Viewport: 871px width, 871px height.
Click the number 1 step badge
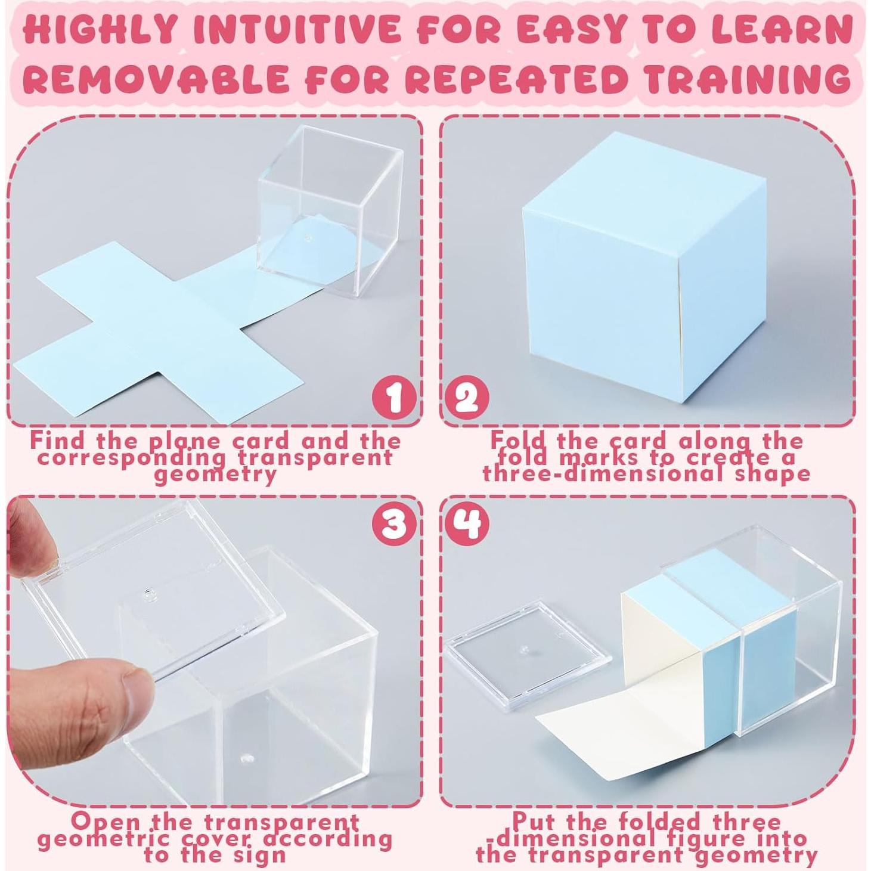tap(393, 398)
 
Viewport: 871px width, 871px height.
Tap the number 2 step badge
tap(467, 398)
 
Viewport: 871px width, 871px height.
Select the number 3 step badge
tap(393, 525)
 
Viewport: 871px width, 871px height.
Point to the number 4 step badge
tap(467, 525)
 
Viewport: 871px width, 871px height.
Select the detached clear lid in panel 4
tap(528, 653)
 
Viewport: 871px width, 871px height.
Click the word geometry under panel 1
tap(216, 475)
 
